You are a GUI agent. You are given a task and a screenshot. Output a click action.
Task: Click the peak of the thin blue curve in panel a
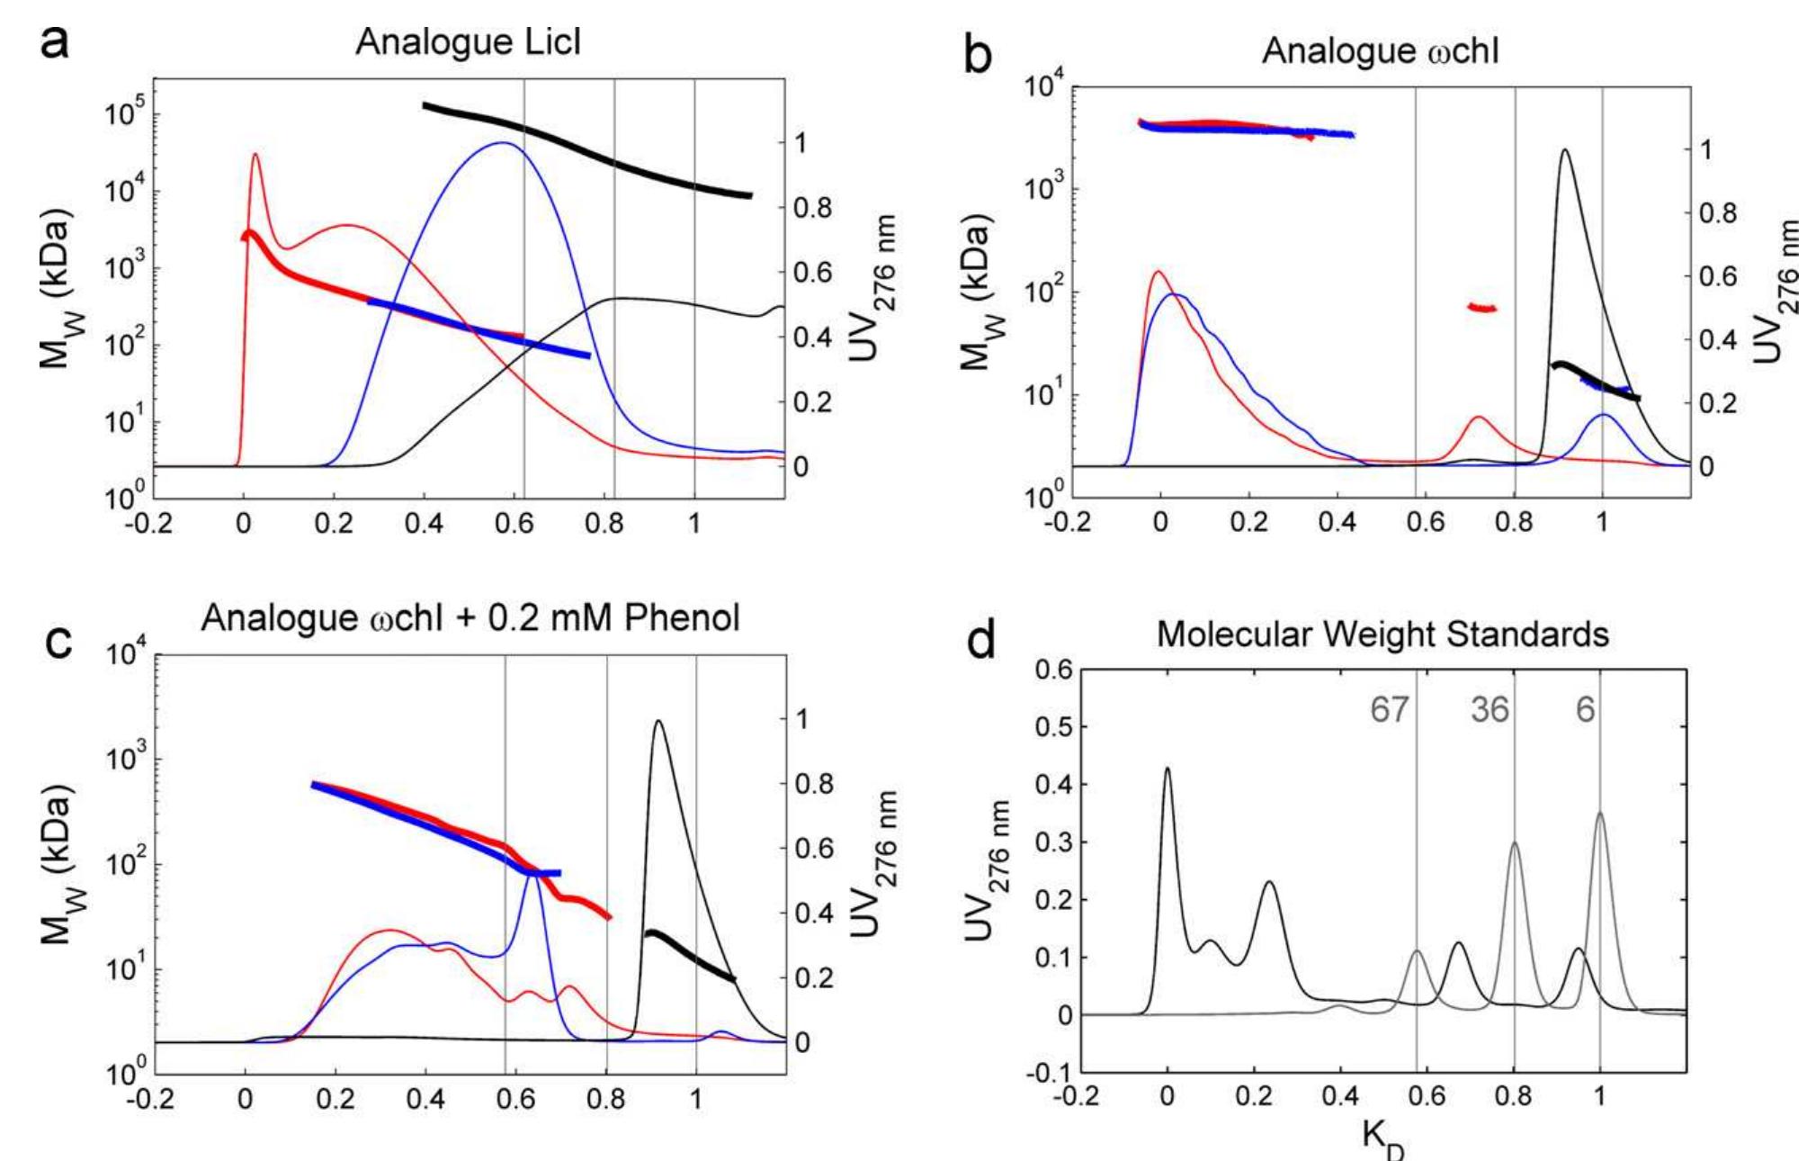pos(502,143)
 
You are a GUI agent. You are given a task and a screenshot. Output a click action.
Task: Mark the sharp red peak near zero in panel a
pos(255,155)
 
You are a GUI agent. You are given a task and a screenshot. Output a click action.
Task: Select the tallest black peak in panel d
pos(1167,769)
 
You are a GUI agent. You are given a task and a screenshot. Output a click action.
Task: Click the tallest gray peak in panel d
pos(1600,814)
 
